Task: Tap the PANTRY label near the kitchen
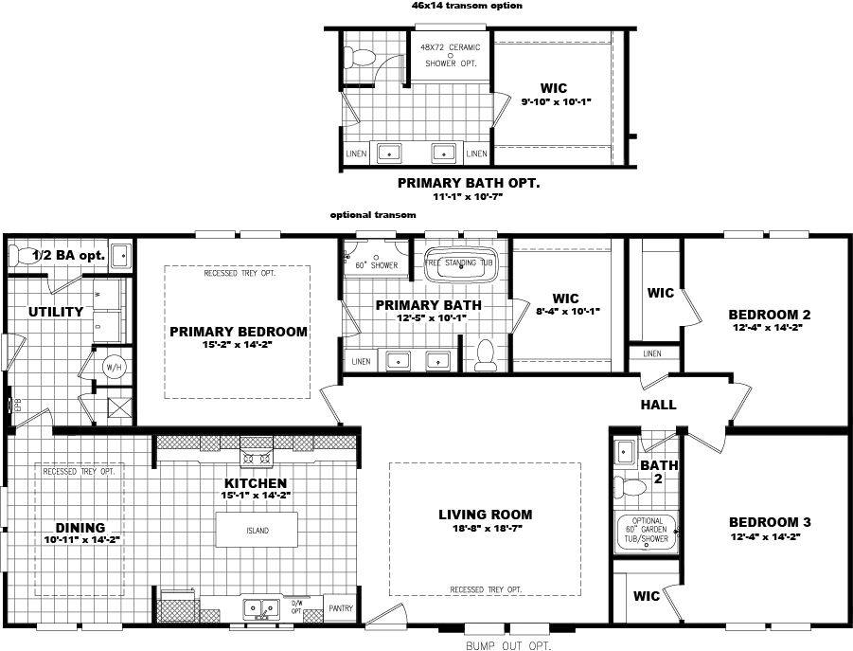coord(339,608)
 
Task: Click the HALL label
coord(658,405)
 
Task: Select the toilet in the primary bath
coord(487,353)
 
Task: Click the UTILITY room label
coord(56,311)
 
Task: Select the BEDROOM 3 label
coord(770,522)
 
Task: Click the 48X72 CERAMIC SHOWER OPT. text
coord(450,55)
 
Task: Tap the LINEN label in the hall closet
coord(652,353)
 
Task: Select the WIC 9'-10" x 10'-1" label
coord(556,95)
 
